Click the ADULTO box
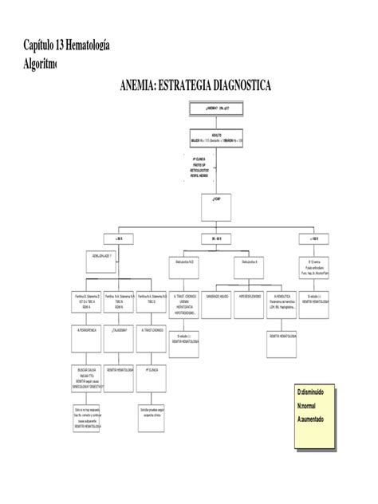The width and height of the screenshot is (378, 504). coord(217,136)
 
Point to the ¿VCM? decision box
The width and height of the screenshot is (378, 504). coord(217,199)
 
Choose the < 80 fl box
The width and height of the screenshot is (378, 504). coord(119,238)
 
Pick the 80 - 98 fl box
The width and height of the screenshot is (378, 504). coord(217,238)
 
